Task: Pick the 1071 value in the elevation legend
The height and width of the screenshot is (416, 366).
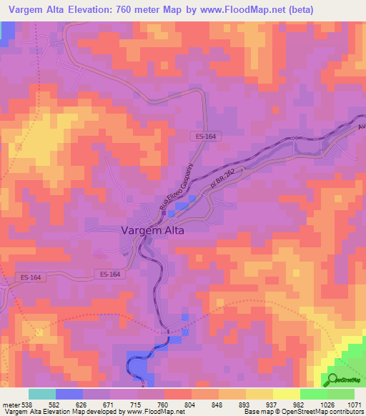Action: click(355, 405)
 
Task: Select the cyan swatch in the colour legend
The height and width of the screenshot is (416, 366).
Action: click(42, 394)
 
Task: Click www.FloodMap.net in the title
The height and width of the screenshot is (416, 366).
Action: click(237, 10)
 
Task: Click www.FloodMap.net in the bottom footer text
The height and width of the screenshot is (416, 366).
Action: click(149, 412)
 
